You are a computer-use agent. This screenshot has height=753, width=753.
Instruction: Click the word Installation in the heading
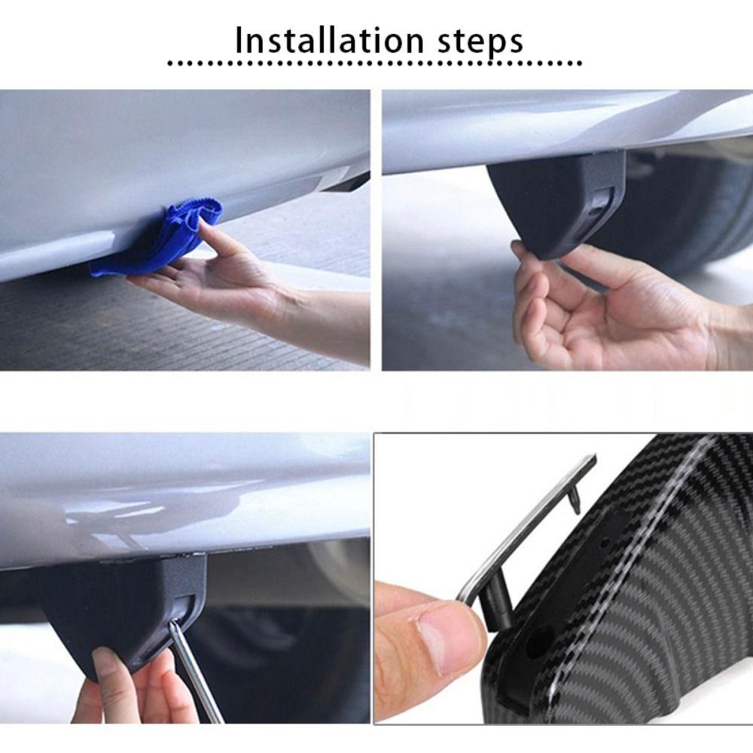point(330,41)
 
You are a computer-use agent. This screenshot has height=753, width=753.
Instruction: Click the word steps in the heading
point(480,43)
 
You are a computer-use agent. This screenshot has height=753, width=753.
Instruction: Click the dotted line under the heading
point(374,63)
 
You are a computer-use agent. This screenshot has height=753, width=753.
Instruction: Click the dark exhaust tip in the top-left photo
point(345,181)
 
